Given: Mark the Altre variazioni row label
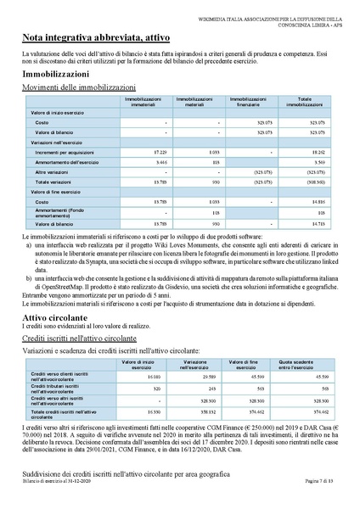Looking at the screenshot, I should pyautogui.click(x=53, y=171).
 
